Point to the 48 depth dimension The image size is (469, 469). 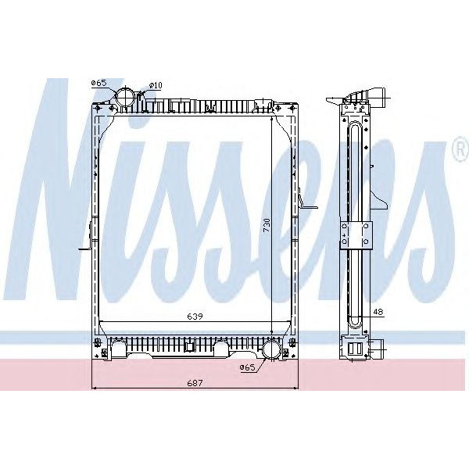[378, 311]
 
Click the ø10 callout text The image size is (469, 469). [155, 84]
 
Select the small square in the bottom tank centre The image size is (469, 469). [190, 344]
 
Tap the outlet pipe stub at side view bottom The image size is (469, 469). [379, 349]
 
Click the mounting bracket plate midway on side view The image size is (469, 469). [357, 232]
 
